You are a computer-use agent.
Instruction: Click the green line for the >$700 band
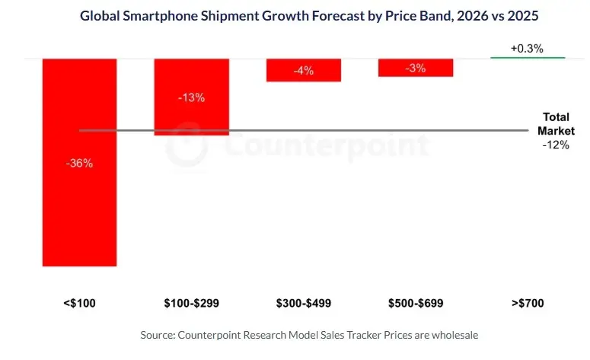(x=528, y=58)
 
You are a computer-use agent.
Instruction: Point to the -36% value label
(x=79, y=163)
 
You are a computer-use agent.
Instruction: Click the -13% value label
(x=191, y=98)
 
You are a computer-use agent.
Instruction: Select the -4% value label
(x=303, y=71)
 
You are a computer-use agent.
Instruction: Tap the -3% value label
(x=416, y=68)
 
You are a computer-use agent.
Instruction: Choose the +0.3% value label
(x=527, y=48)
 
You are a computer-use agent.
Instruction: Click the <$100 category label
(x=79, y=303)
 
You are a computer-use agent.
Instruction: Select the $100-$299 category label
(x=191, y=303)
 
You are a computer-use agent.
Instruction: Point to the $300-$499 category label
(x=303, y=303)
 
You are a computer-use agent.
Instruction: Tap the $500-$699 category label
(x=416, y=303)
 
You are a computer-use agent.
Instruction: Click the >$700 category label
(x=528, y=303)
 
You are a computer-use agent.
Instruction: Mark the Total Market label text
(x=556, y=124)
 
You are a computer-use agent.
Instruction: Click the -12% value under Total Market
(x=556, y=145)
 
